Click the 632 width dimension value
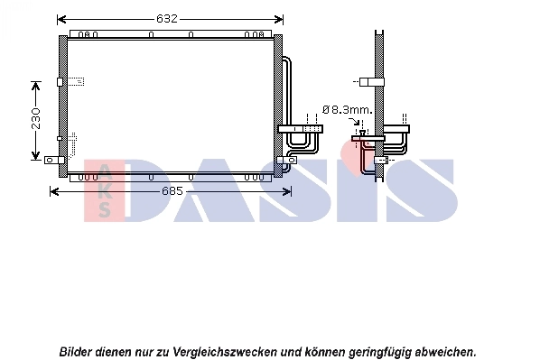coord(167,18)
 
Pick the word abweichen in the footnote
coord(442,350)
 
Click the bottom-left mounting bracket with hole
coord(51,160)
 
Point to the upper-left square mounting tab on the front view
coord(61,82)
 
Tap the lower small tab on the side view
coord(381,160)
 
